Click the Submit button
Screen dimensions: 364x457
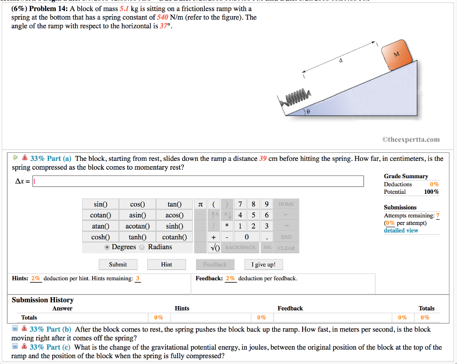tap(118, 265)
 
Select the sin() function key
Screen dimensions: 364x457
tap(100, 204)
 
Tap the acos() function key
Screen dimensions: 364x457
tap(174, 215)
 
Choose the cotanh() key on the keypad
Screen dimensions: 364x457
tap(174, 237)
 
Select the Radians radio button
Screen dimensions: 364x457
tap(142, 247)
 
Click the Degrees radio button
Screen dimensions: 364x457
tap(107, 247)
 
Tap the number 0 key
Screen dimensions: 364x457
tap(246, 237)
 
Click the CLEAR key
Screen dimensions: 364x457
tap(286, 248)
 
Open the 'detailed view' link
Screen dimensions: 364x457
tap(401, 230)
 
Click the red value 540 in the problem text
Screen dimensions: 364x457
tap(162, 17)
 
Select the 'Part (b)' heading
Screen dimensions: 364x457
tap(50, 330)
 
